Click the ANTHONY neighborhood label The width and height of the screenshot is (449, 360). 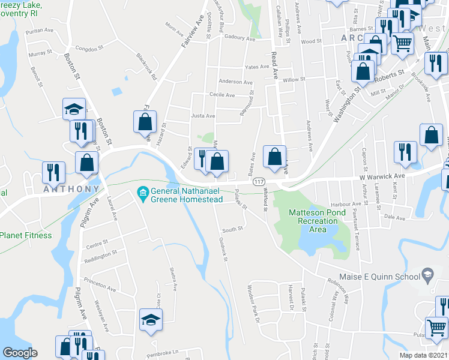pos(71,189)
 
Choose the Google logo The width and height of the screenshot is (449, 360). pos(20,352)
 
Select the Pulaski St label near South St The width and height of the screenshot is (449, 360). pos(241,202)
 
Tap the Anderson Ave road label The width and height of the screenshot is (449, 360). pos(235,82)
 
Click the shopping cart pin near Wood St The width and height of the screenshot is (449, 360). pos(402,43)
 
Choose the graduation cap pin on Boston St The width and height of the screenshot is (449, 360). pos(74,109)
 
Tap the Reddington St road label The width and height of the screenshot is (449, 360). pos(101,256)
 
